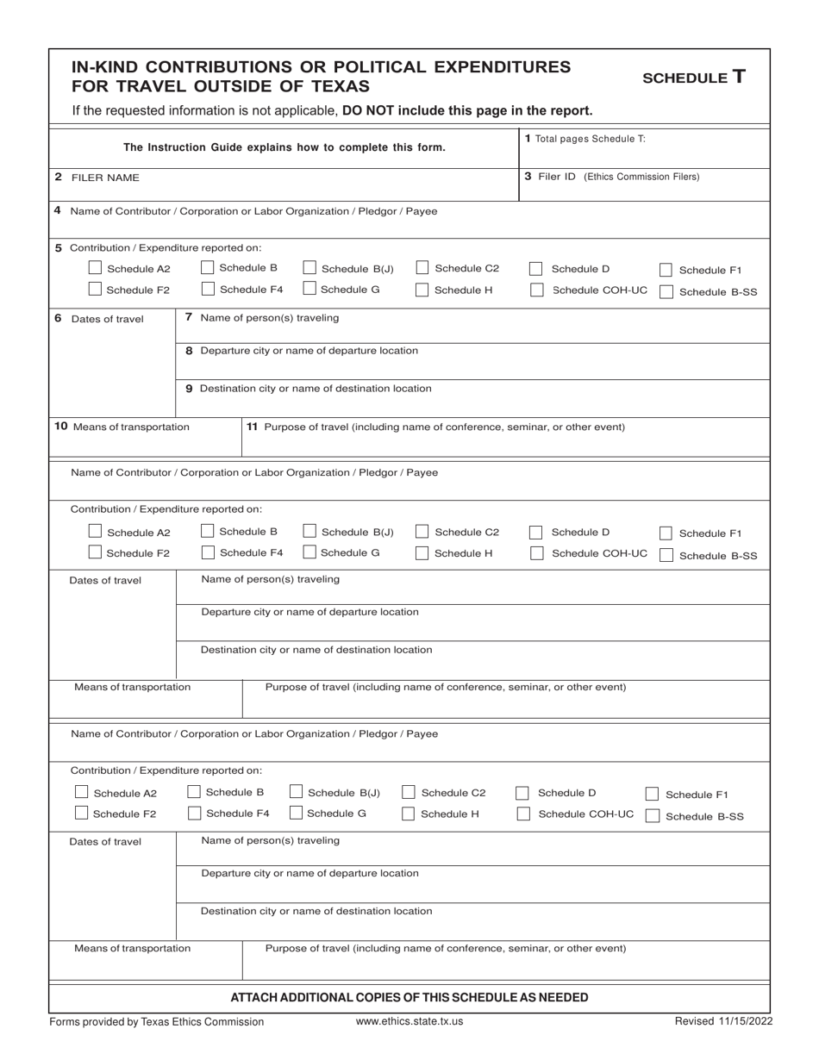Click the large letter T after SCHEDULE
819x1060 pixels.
[738, 76]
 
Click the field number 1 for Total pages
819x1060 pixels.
[528, 138]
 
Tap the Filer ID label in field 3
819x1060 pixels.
[557, 177]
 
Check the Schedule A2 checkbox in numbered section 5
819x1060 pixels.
[96, 268]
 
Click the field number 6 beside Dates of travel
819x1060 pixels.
[58, 318]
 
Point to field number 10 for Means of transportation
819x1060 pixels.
[61, 427]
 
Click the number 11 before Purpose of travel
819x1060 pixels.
[253, 427]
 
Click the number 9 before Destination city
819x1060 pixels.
[189, 389]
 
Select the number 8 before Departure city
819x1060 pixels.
[189, 351]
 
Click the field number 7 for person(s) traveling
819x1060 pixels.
[189, 318]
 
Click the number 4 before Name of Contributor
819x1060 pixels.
[57, 210]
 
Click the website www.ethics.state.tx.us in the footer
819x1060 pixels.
[409, 1021]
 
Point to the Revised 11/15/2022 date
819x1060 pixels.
[723, 1021]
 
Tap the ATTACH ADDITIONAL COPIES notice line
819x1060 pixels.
[409, 997]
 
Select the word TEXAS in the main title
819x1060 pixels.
[338, 86]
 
